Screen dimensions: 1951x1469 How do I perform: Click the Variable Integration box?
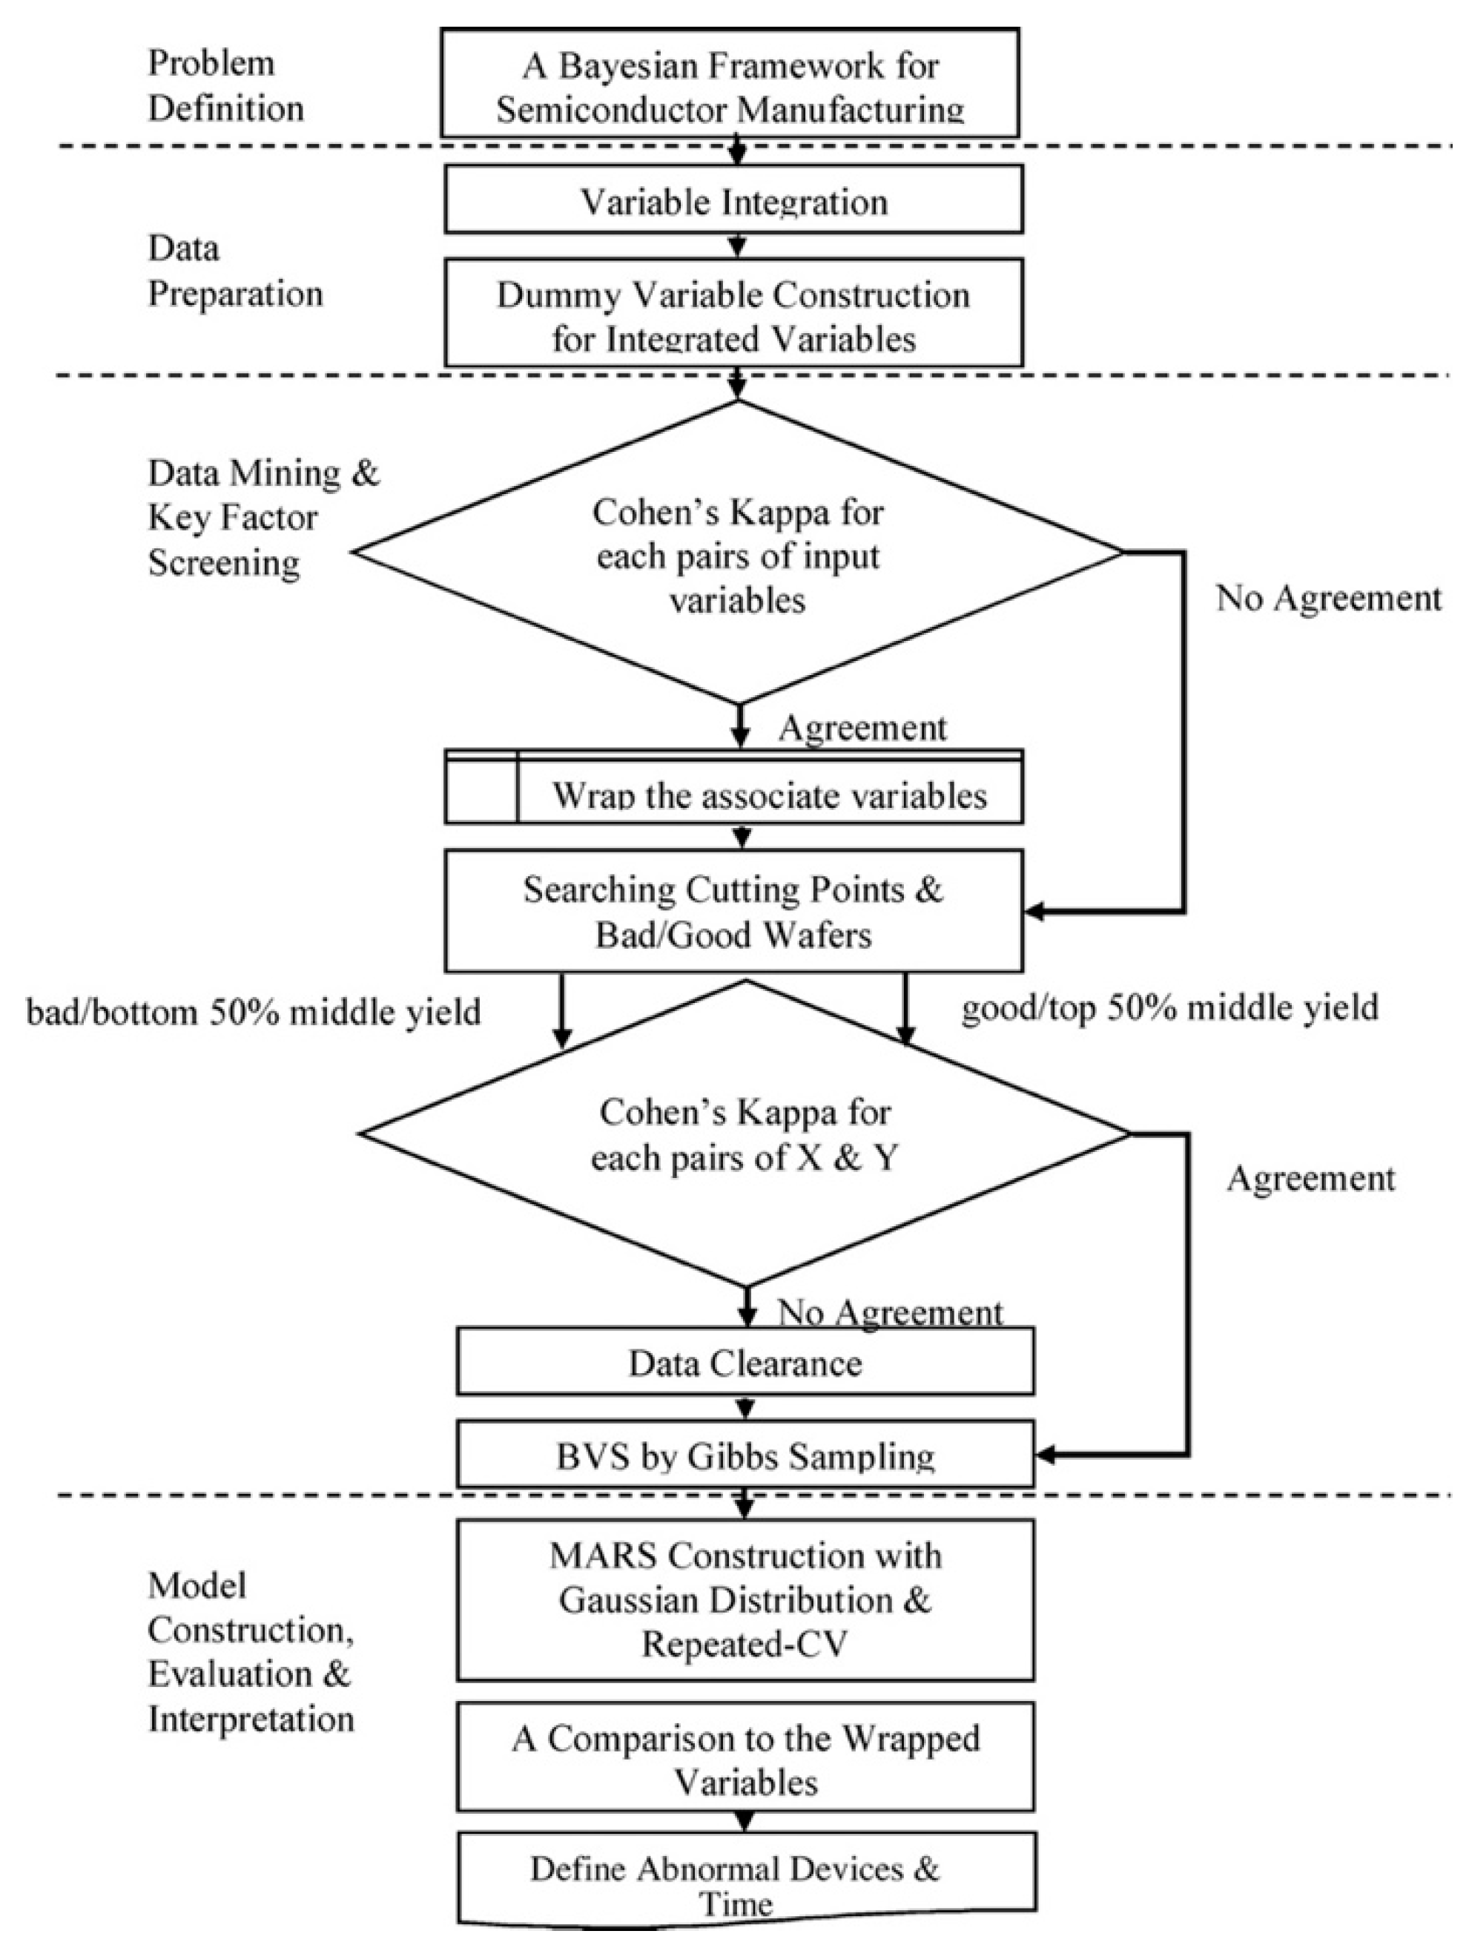733,200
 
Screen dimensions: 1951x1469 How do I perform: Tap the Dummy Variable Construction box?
733,313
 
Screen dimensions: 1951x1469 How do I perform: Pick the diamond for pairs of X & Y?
745,1134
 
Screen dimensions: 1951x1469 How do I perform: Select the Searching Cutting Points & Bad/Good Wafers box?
733,910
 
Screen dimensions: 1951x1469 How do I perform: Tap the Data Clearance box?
745,1363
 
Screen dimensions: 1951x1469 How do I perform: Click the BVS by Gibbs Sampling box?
745,1455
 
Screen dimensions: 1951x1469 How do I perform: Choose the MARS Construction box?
745,1598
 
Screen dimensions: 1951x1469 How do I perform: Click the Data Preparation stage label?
234,271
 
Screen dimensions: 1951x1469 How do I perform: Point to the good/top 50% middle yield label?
1169,1007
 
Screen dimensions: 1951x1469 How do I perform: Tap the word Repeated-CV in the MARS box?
745,1643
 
